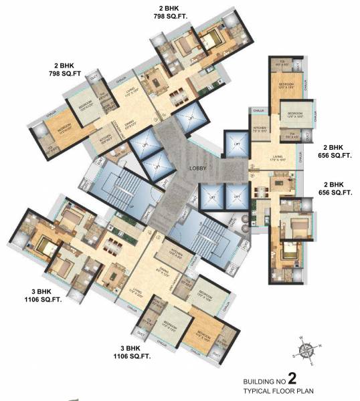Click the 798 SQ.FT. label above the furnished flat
(x=175, y=15)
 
